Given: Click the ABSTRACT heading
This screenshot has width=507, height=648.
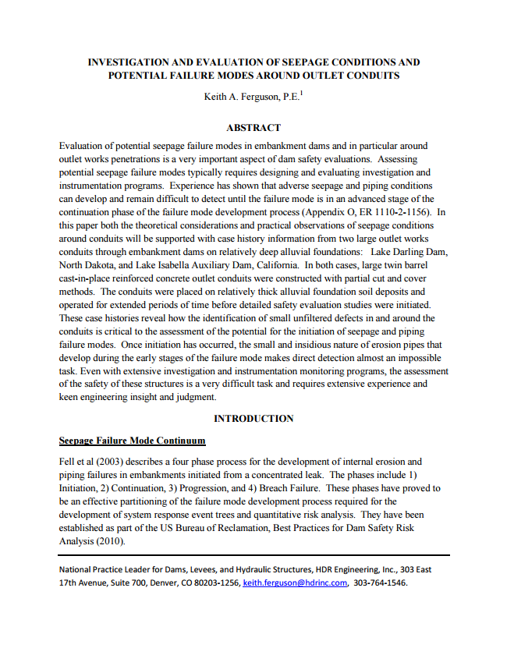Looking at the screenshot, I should click(253, 127).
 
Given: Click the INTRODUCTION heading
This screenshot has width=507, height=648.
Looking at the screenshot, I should click(253, 419).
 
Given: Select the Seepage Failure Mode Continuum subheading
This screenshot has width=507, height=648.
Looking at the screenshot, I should click(132, 441).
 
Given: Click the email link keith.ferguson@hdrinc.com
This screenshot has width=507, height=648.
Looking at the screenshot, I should click(295, 582).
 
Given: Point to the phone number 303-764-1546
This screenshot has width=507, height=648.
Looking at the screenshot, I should click(380, 582).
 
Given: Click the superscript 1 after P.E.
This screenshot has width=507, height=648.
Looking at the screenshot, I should click(301, 93).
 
